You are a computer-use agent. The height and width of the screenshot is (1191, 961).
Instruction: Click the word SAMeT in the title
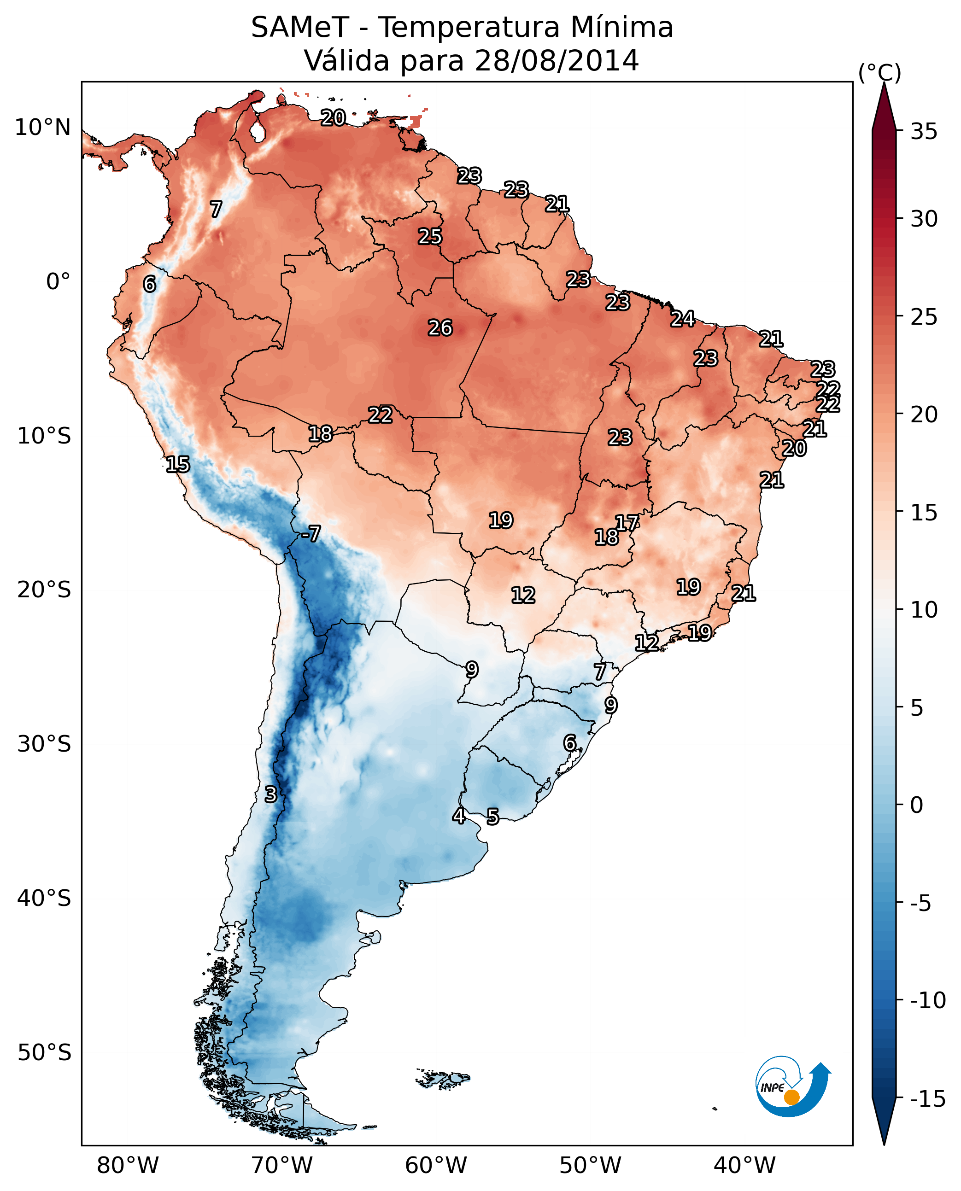point(300,27)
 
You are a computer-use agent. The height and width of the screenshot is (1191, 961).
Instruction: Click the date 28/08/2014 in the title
point(557,60)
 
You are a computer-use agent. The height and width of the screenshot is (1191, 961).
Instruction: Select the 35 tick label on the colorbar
point(924,132)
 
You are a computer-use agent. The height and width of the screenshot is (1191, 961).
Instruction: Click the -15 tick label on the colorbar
point(927,1098)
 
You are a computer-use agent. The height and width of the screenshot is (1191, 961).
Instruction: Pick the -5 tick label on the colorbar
point(924,903)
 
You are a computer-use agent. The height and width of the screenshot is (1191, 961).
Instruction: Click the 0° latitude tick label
point(58,282)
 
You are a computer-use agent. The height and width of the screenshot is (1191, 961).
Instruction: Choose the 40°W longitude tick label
point(744,1165)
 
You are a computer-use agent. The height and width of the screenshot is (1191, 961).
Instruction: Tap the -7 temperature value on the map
point(311,533)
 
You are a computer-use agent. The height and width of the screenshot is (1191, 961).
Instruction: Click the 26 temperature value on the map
point(440,327)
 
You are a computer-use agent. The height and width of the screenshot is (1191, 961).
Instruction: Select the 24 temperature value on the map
point(683,319)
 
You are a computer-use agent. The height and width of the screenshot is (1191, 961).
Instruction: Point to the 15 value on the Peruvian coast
point(178,464)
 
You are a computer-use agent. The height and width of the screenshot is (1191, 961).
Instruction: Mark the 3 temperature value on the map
point(270,794)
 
